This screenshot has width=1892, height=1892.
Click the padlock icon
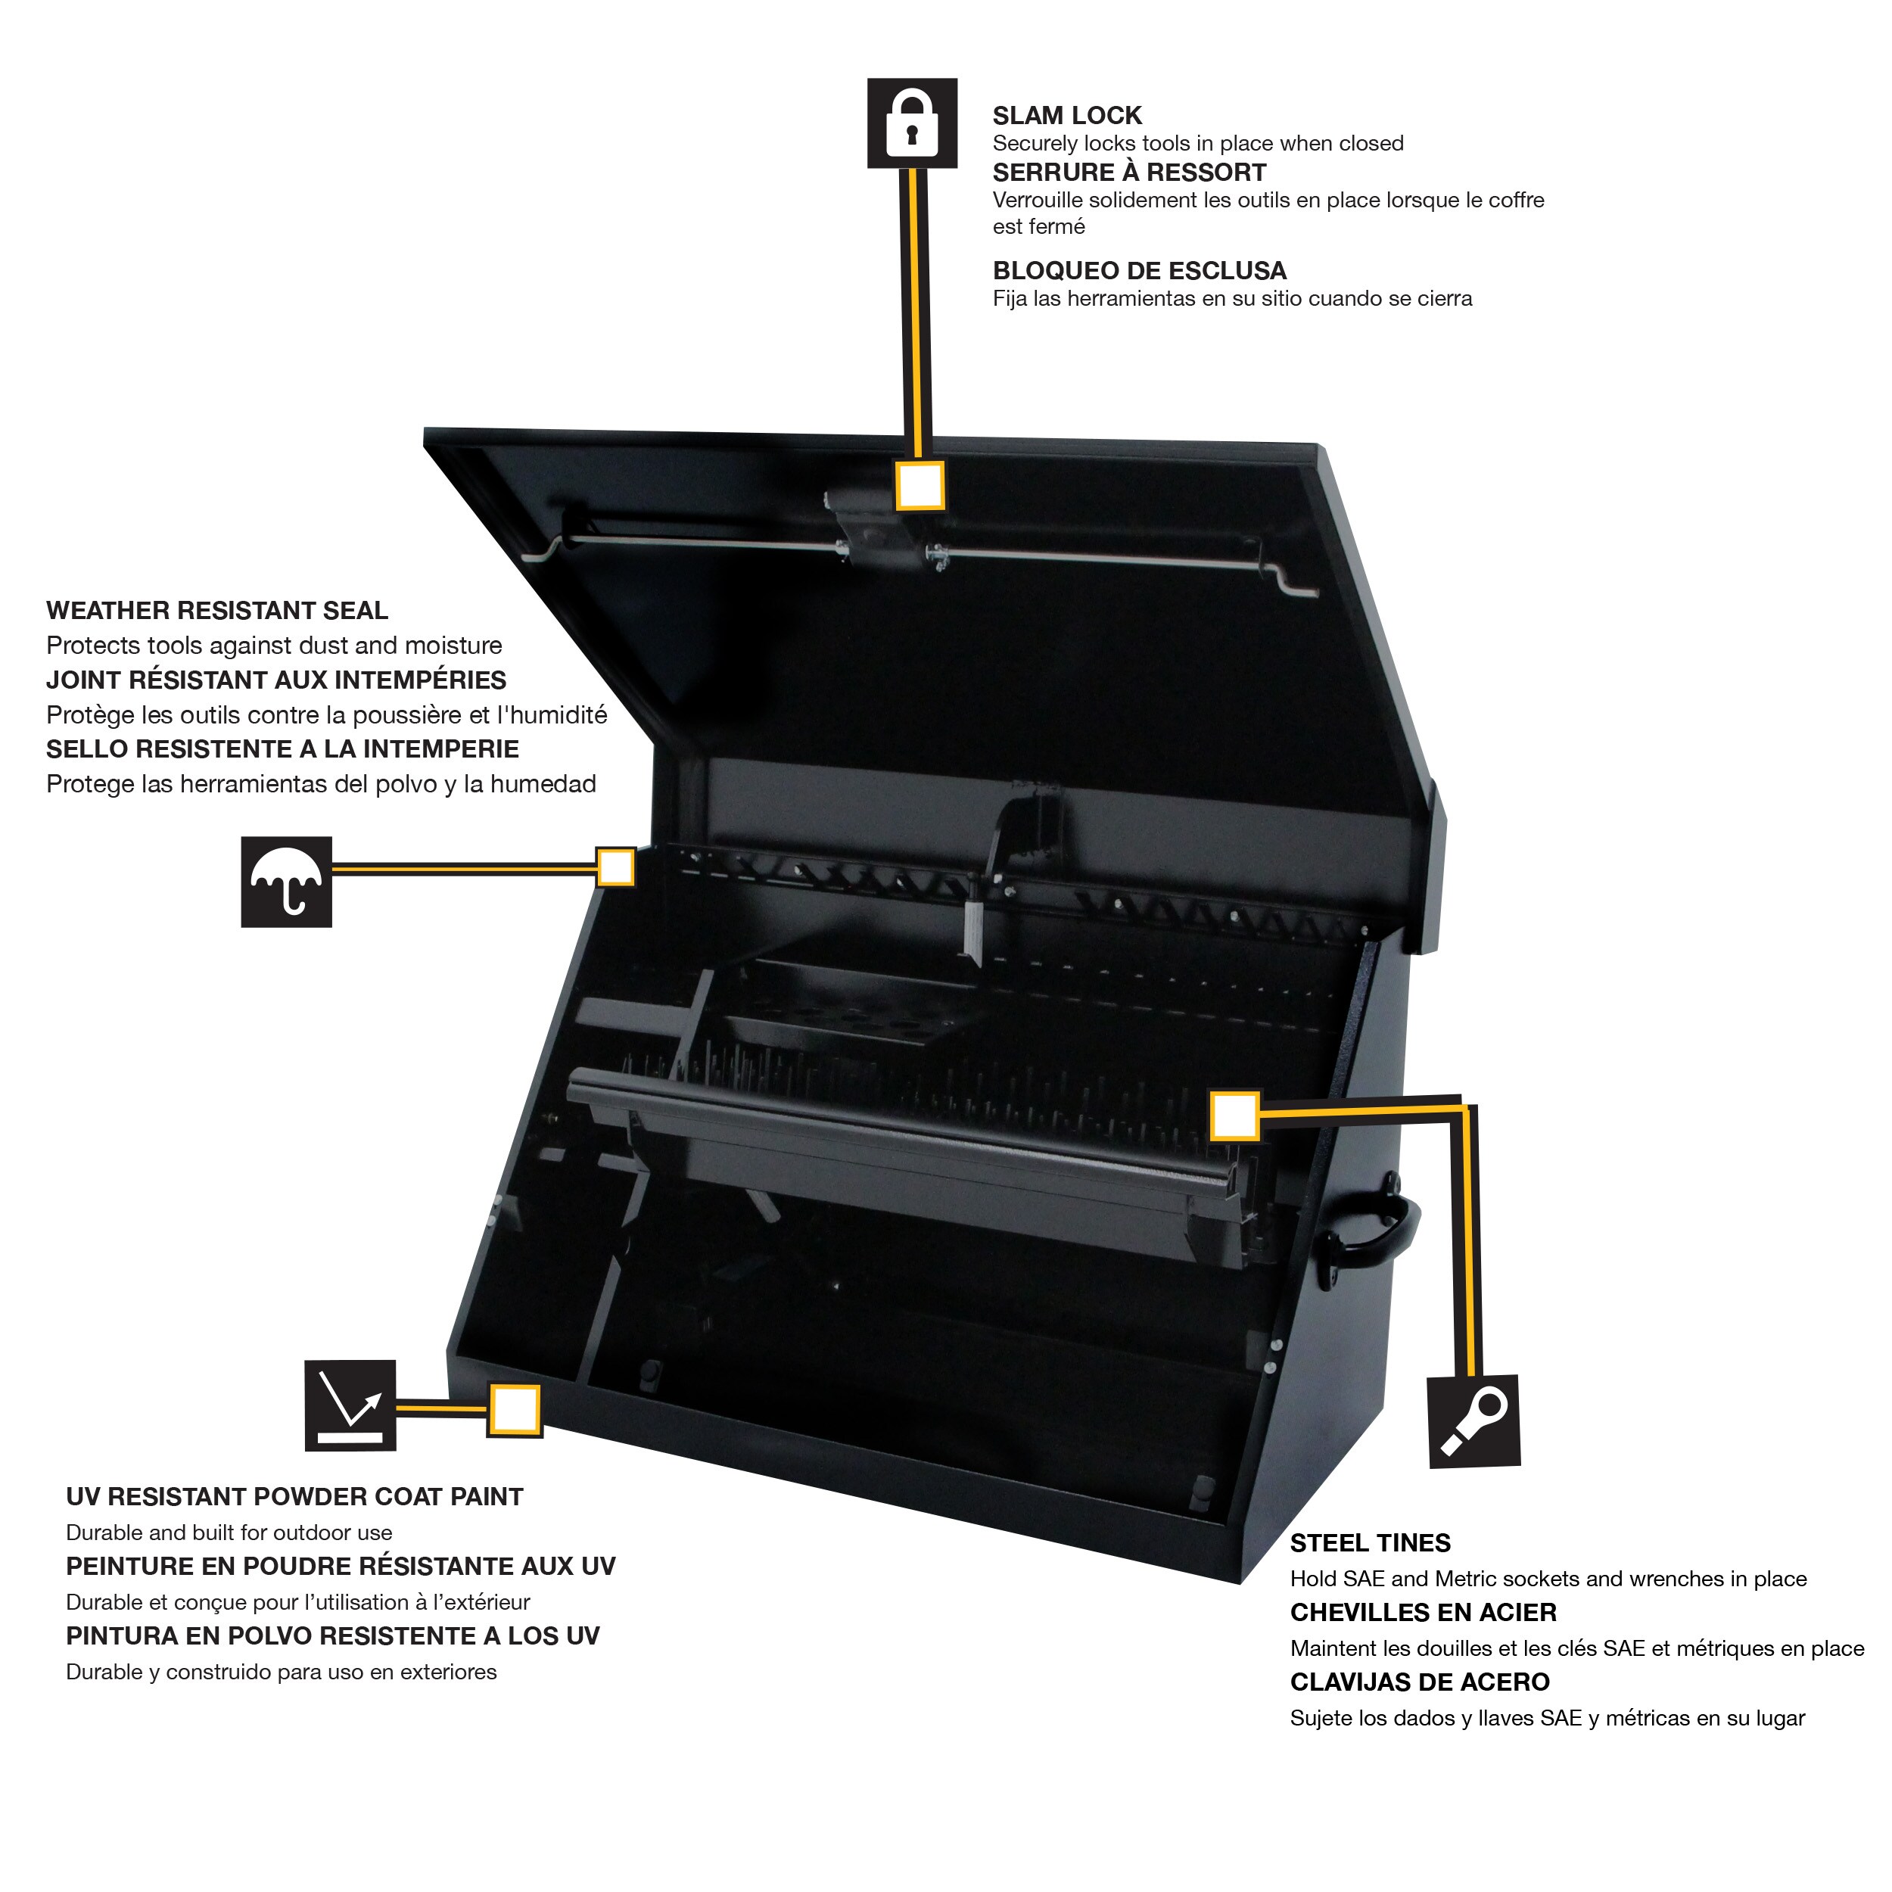[x=912, y=123]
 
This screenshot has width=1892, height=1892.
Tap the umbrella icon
[x=286, y=882]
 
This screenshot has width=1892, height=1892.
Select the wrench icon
[x=1473, y=1422]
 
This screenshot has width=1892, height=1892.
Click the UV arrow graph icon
[x=350, y=1405]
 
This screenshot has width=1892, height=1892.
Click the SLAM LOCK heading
[x=1066, y=116]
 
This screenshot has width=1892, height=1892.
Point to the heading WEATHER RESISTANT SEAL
[x=216, y=610]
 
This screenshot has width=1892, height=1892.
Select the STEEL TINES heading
[x=1369, y=1542]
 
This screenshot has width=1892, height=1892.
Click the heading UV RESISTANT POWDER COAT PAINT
[x=294, y=1496]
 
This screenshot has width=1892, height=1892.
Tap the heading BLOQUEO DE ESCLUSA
[x=1139, y=270]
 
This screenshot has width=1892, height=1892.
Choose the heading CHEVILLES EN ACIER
[x=1422, y=1612]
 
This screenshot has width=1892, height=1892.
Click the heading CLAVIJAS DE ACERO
[x=1419, y=1682]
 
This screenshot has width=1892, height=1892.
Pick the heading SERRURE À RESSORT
[x=1128, y=173]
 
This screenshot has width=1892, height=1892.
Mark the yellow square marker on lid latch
[x=920, y=485]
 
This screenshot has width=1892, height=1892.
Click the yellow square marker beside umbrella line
[x=616, y=867]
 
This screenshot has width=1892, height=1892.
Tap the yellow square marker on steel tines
[x=1234, y=1116]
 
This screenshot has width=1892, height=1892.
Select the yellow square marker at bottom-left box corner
[x=514, y=1410]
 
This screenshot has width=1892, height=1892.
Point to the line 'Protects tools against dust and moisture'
[x=273, y=646]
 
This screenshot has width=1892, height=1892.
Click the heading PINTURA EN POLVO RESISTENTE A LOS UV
[x=332, y=1635]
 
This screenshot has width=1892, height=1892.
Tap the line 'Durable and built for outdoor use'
[x=229, y=1533]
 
